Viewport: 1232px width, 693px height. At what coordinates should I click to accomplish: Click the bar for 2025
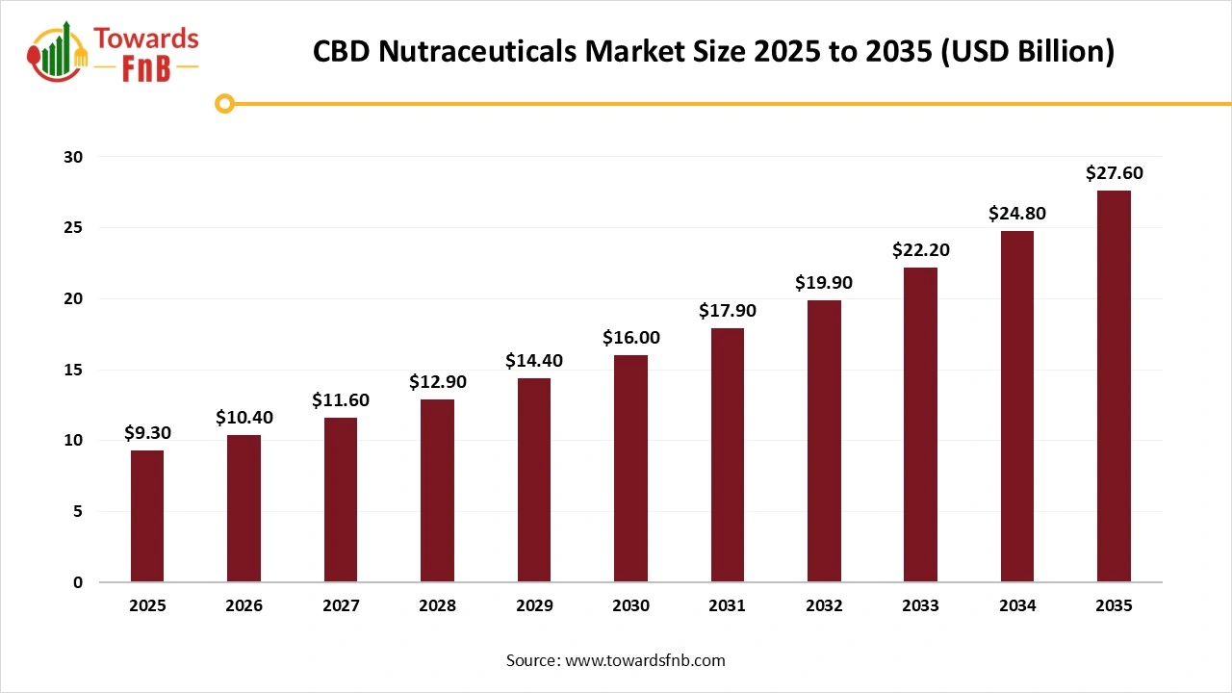(147, 516)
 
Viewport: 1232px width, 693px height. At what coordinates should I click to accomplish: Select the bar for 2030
(630, 469)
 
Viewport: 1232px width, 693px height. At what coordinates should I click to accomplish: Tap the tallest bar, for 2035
(1114, 386)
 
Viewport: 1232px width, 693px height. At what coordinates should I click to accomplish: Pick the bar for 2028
(437, 491)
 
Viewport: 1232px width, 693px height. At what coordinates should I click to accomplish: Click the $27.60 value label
(1114, 173)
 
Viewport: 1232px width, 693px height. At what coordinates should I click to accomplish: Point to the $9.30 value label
(147, 433)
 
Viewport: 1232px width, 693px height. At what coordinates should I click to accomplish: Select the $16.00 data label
(630, 338)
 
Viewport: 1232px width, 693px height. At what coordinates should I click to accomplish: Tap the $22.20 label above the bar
(920, 250)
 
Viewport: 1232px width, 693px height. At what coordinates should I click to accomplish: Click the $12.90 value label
(437, 382)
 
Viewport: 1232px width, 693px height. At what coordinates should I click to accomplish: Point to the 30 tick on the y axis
(74, 157)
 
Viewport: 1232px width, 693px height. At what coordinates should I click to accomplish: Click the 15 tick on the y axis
(74, 370)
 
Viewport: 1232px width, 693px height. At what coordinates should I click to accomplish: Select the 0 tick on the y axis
(78, 582)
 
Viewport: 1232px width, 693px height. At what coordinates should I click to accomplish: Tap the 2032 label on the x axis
(824, 606)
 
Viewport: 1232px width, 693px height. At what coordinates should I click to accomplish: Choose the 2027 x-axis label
(341, 606)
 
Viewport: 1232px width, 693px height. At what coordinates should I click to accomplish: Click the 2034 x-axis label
(1017, 606)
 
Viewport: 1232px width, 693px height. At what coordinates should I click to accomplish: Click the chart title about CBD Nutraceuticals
(713, 51)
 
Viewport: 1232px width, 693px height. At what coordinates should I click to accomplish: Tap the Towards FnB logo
(115, 50)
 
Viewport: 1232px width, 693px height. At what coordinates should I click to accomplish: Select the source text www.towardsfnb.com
(616, 660)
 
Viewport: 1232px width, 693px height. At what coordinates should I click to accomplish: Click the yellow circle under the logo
(224, 104)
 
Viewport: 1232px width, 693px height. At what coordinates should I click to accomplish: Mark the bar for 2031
(727, 455)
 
